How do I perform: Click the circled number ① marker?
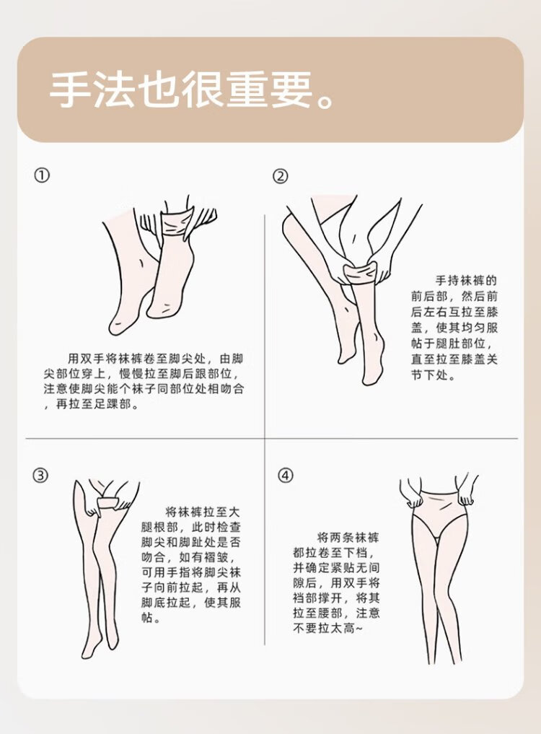[x=42, y=175]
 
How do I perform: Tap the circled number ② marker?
[x=281, y=176]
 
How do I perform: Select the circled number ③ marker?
[x=40, y=475]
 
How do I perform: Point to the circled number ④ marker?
[x=286, y=476]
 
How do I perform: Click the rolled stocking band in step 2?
[x=359, y=274]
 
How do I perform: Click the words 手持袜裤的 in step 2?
[x=466, y=281]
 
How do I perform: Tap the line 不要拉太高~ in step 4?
[x=327, y=628]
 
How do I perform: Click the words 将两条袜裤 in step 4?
[x=348, y=538]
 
